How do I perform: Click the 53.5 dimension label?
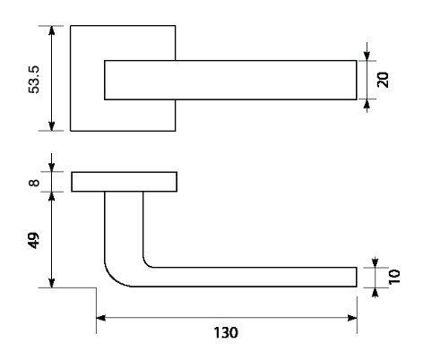tap(34, 80)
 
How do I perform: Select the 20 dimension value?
tap(383, 80)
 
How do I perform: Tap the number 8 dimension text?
tap(34, 183)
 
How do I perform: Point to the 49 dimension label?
tap(34, 241)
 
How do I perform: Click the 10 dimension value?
tap(394, 277)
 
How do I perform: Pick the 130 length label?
tap(226, 332)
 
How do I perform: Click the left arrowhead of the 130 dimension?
tap(100, 318)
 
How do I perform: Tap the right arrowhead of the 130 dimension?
tap(352, 318)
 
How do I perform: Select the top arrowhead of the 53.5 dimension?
tap(52, 30)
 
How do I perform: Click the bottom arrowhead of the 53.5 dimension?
tap(52, 125)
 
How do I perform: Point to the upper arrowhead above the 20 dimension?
tap(367, 56)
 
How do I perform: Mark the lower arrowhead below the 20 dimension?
tap(367, 104)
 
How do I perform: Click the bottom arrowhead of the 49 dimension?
tap(52, 283)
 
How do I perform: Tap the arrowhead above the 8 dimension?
tap(52, 167)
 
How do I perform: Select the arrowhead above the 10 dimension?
tap(376, 262)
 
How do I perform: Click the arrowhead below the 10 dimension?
tap(376, 293)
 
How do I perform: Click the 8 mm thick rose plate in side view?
tap(124, 182)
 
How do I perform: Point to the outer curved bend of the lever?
tap(113, 279)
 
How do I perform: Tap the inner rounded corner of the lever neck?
tap(146, 264)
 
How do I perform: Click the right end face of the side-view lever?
tap(357, 277)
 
